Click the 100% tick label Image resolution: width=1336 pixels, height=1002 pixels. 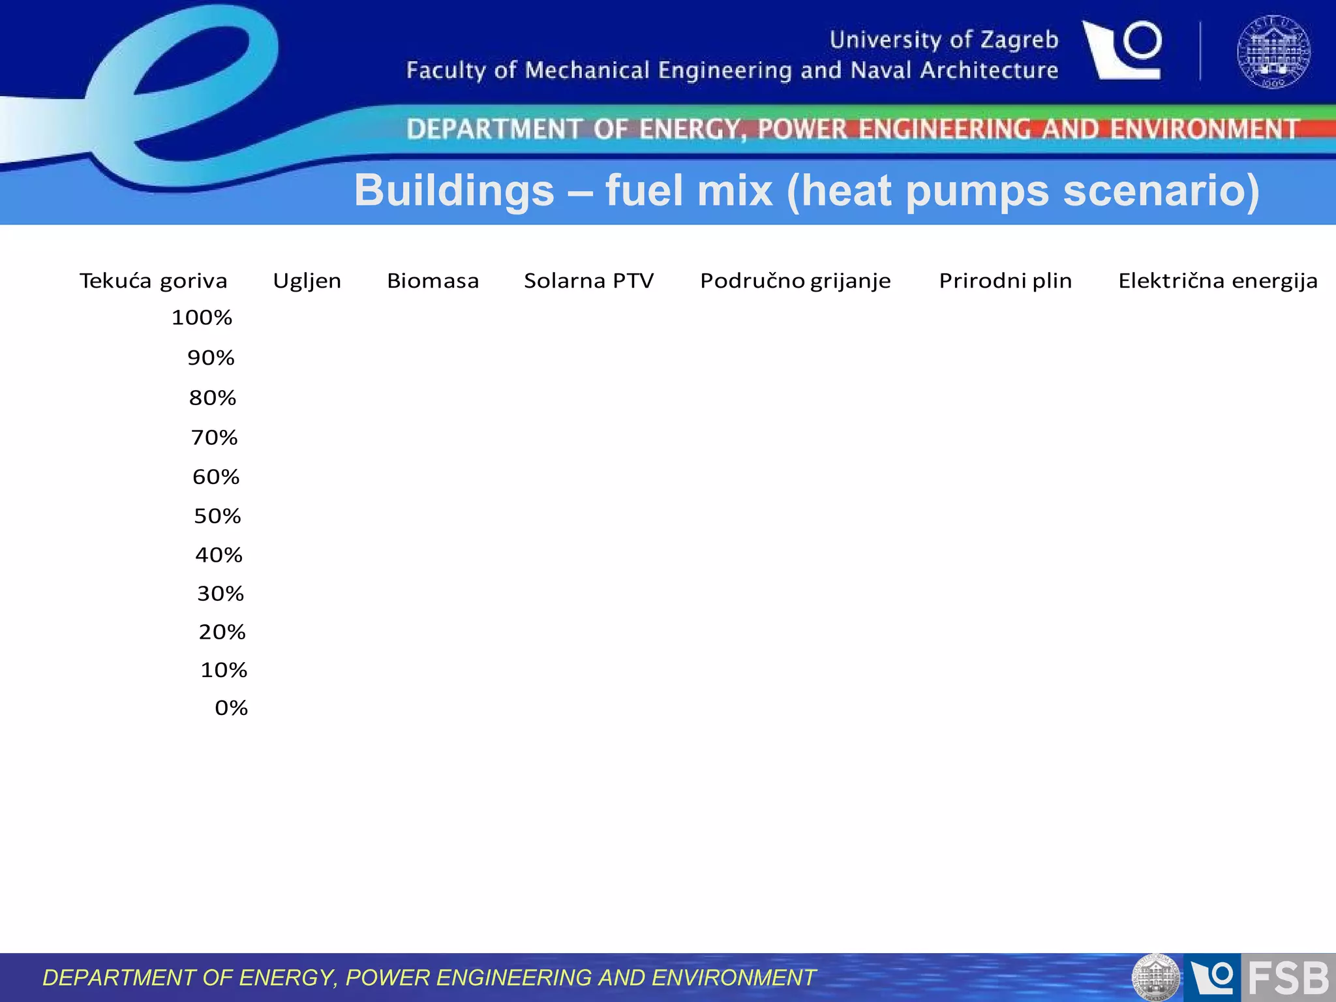[202, 318]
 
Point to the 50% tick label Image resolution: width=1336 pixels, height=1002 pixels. [217, 516]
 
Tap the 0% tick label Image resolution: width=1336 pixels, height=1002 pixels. [231, 708]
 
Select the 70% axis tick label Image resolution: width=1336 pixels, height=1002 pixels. [214, 437]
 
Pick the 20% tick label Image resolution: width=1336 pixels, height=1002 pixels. [222, 631]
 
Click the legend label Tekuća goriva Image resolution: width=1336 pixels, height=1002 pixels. [153, 281]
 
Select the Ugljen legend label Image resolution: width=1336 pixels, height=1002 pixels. [307, 281]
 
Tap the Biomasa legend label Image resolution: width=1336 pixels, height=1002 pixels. [433, 281]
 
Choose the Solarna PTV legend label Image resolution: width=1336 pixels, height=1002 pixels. [588, 281]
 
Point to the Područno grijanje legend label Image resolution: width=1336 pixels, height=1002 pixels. [795, 281]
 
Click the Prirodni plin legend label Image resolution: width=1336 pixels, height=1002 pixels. [1005, 281]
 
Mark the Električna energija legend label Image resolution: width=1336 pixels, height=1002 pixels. [1218, 281]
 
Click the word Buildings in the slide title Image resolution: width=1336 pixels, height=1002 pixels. [454, 190]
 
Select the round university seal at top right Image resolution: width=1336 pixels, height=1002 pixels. [1273, 52]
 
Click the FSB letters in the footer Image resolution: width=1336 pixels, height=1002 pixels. [1288, 978]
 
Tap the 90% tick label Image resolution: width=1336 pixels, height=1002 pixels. [211, 357]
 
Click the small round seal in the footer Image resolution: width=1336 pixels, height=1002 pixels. [1155, 978]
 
